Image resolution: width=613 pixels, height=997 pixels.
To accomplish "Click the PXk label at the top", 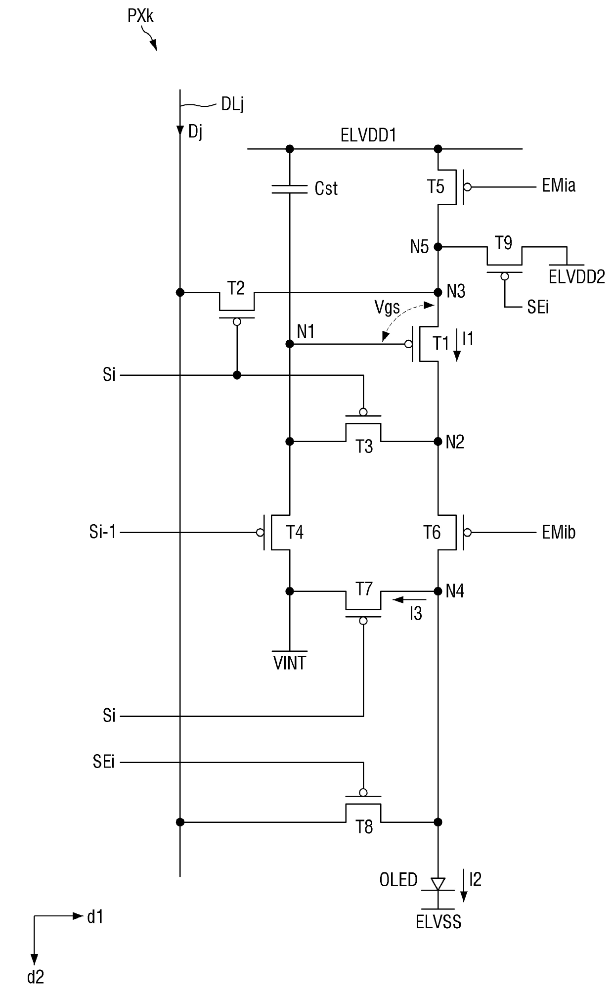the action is [140, 16].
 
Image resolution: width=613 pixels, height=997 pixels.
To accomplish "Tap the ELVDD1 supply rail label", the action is [368, 136].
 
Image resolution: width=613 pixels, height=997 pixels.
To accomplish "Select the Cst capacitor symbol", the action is [290, 188].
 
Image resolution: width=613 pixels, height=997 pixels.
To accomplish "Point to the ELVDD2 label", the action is [577, 277].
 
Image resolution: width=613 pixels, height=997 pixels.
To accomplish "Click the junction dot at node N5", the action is [438, 246].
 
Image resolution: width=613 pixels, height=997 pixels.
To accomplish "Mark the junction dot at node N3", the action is [438, 292].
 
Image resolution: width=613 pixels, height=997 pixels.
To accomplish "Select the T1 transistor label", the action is [441, 343].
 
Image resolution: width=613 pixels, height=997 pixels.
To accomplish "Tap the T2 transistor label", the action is [236, 288].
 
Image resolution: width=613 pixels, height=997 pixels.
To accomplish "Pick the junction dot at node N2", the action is [438, 441].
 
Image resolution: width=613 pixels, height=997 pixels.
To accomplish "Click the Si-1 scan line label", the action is [103, 533].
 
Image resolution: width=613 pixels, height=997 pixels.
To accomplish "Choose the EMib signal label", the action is [559, 533].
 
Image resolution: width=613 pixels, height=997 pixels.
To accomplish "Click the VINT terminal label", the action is [290, 663].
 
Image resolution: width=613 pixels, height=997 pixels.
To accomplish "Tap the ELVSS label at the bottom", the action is [438, 922].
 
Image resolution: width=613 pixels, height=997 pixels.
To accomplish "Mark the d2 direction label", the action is [36, 977].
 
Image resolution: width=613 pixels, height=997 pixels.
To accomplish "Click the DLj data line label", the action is [232, 104].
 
